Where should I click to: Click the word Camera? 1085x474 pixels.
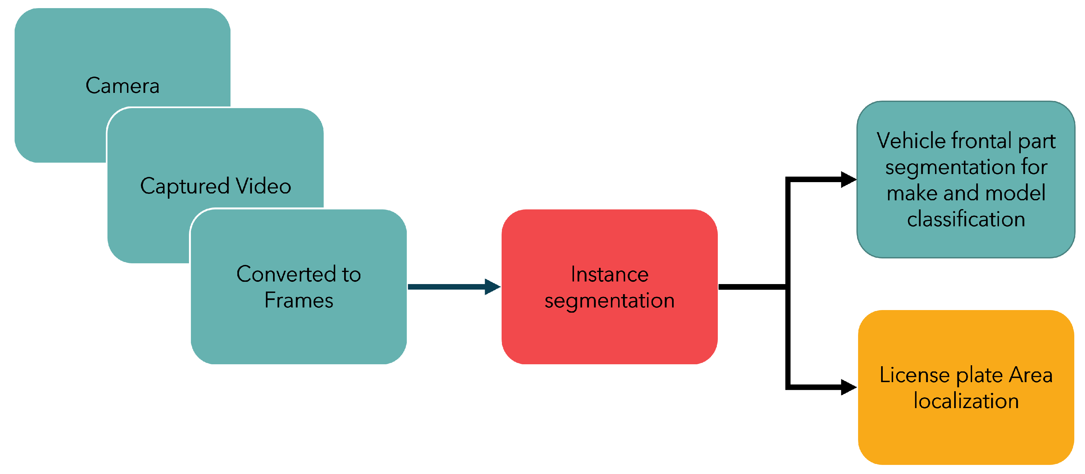click(122, 86)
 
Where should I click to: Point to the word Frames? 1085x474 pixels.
click(299, 300)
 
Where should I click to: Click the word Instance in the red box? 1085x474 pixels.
click(609, 275)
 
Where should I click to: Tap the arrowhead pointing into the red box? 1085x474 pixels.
click(492, 287)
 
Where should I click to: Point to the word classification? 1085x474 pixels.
click(966, 219)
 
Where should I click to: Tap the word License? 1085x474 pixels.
click(914, 375)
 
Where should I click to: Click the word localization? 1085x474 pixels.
click(966, 401)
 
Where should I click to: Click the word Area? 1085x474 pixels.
click(1031, 375)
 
